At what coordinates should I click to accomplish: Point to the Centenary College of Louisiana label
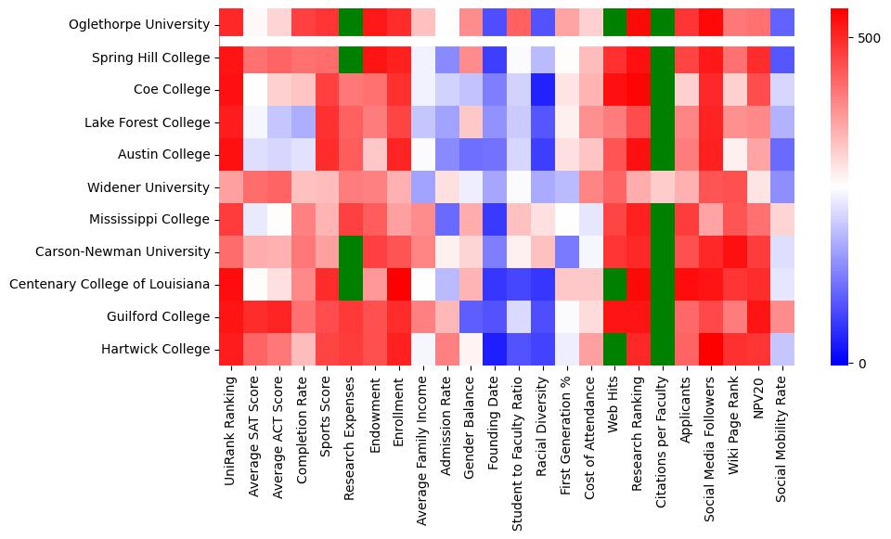point(110,284)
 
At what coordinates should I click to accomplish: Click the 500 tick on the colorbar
point(859,38)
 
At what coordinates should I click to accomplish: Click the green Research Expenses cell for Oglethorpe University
point(352,21)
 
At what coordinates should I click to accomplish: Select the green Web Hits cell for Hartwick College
point(614,349)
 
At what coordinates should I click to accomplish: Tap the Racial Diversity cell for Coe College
point(544,90)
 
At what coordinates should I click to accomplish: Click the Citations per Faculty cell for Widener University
point(664,187)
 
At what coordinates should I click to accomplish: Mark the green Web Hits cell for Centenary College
point(614,284)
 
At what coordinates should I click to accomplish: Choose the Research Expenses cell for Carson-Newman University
point(352,251)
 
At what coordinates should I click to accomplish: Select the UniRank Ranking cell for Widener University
point(231,187)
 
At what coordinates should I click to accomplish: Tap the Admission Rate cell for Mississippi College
point(447,220)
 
